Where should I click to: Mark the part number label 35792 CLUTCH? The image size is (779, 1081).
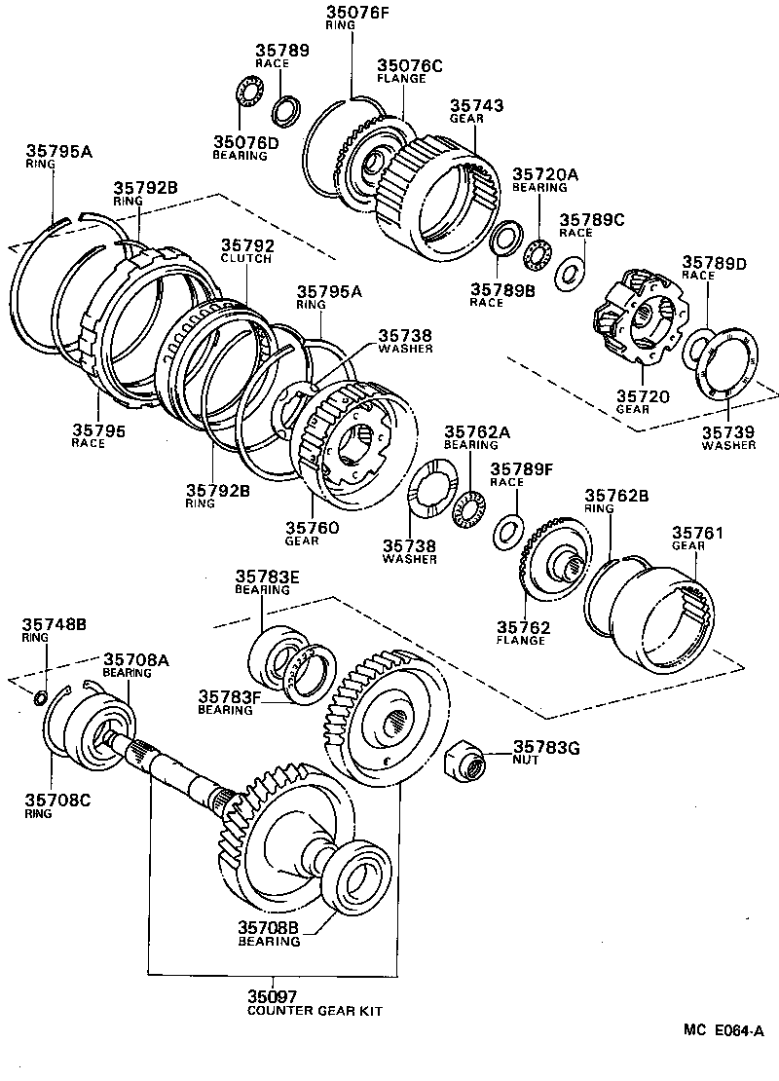click(x=247, y=246)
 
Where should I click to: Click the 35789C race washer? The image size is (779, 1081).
click(x=570, y=274)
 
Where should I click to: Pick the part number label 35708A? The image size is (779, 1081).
click(x=136, y=659)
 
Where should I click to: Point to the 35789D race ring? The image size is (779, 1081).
click(x=698, y=348)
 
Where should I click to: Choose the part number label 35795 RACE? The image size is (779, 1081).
click(x=97, y=429)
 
